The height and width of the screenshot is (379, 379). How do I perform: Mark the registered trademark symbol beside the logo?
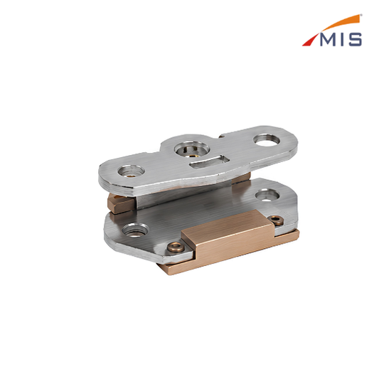[361, 15]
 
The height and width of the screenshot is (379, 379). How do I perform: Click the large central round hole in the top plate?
[192, 149]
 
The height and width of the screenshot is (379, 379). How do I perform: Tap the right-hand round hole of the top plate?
[267, 140]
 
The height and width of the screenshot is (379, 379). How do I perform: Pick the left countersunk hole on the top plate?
[131, 171]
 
